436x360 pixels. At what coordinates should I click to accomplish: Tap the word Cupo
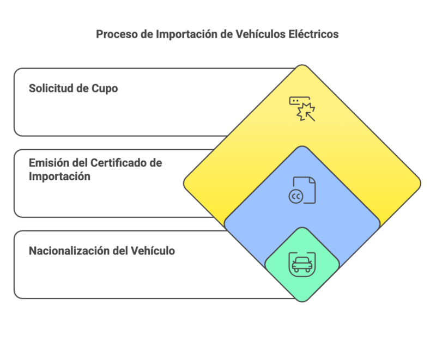point(105,88)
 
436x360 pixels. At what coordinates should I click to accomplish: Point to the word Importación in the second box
point(60,177)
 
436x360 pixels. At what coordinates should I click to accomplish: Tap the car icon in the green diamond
point(302,264)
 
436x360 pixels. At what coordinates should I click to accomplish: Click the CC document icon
point(302,190)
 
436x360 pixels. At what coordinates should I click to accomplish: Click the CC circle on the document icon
point(296,196)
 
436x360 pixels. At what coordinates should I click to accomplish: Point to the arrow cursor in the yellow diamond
point(311,114)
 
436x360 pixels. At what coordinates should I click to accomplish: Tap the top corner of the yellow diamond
point(302,65)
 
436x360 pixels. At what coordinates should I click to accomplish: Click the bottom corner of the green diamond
point(302,301)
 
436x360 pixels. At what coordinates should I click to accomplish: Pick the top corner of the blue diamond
point(302,147)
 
